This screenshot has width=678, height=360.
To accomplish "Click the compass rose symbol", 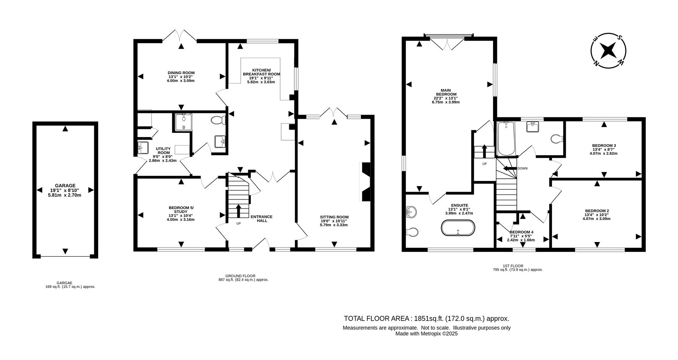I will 608,51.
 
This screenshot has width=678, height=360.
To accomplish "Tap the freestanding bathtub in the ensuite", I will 458,228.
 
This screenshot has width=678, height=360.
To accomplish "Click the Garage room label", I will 65,185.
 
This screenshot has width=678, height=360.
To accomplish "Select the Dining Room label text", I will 181,73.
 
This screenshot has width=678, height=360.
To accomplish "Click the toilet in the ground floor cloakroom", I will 218,120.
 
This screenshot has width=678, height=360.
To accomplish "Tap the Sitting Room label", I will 334,217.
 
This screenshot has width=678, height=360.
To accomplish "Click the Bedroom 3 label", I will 604,145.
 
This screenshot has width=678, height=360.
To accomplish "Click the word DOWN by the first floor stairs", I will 522,169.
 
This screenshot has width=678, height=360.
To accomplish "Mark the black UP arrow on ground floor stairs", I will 238,211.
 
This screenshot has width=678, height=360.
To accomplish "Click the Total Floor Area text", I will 426,318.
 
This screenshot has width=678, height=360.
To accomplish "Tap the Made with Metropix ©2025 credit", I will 426,334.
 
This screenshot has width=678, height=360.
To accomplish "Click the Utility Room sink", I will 143,147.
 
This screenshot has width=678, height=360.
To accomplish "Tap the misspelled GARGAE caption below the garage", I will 64,283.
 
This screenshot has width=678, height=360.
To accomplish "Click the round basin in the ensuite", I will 411,212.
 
